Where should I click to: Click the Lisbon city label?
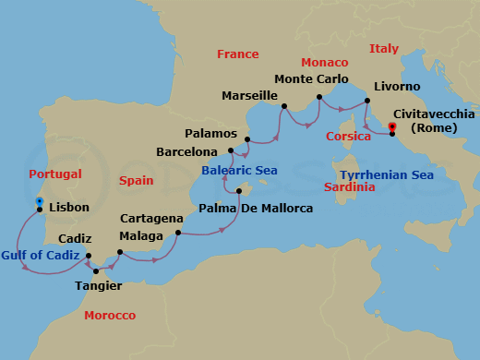coord(68,210)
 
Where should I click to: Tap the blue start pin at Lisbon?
coord(39,201)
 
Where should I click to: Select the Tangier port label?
coord(96,285)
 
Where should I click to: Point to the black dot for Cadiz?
coord(89,257)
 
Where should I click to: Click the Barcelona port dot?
coord(230,150)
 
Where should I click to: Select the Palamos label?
coord(211,132)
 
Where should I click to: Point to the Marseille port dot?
coord(284,107)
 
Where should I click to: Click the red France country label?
coord(237,54)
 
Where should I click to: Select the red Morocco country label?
coord(110,316)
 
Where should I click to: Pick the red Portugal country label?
coord(55,174)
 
